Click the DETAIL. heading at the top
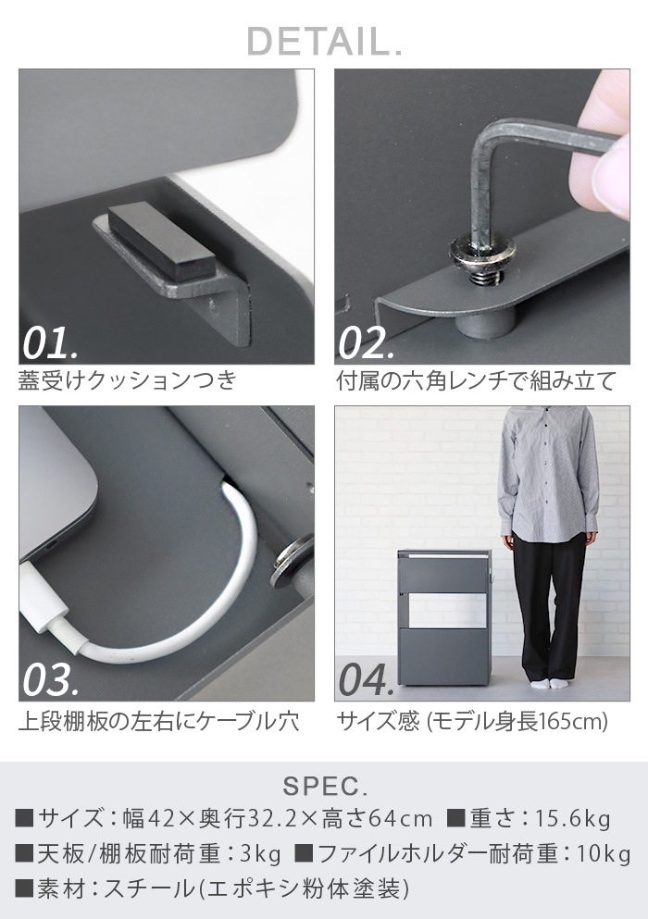[x=324, y=41]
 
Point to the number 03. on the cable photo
[x=51, y=680]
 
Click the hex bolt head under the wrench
[x=482, y=253]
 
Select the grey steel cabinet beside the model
[x=443, y=617]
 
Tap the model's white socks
[x=551, y=683]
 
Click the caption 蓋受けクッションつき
[x=127, y=380]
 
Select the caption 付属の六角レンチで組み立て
[x=476, y=380]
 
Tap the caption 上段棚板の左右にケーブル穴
[x=158, y=721]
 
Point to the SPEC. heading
[x=325, y=787]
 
